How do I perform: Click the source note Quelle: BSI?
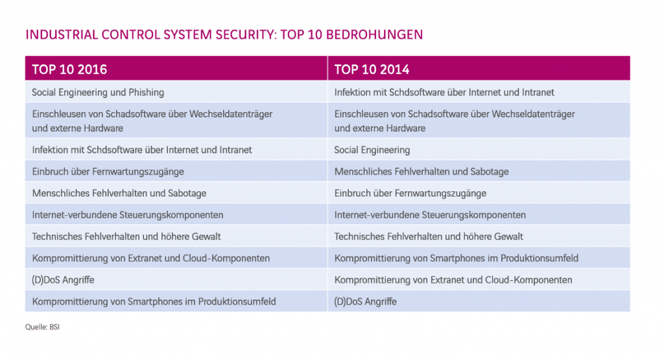coord(42,327)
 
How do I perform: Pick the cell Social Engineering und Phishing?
coord(98,93)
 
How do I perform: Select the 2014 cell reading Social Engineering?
coord(372,150)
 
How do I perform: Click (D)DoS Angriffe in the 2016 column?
coord(63,280)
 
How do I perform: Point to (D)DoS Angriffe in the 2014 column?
coord(365,302)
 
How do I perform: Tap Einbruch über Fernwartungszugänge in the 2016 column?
coord(108,172)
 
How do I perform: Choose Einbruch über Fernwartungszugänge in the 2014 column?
coord(410,193)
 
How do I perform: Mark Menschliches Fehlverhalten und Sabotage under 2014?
coord(421,172)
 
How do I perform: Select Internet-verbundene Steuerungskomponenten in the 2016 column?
coord(128,215)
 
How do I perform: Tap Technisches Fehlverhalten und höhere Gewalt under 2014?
coord(429,237)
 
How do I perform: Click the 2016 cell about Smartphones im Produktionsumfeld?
coord(154,302)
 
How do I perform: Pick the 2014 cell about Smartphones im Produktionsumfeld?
coord(456,258)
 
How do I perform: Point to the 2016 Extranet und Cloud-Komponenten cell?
coord(151,258)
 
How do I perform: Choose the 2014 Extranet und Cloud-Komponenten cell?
coord(453,280)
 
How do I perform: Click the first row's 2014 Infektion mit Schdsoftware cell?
coord(444,93)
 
